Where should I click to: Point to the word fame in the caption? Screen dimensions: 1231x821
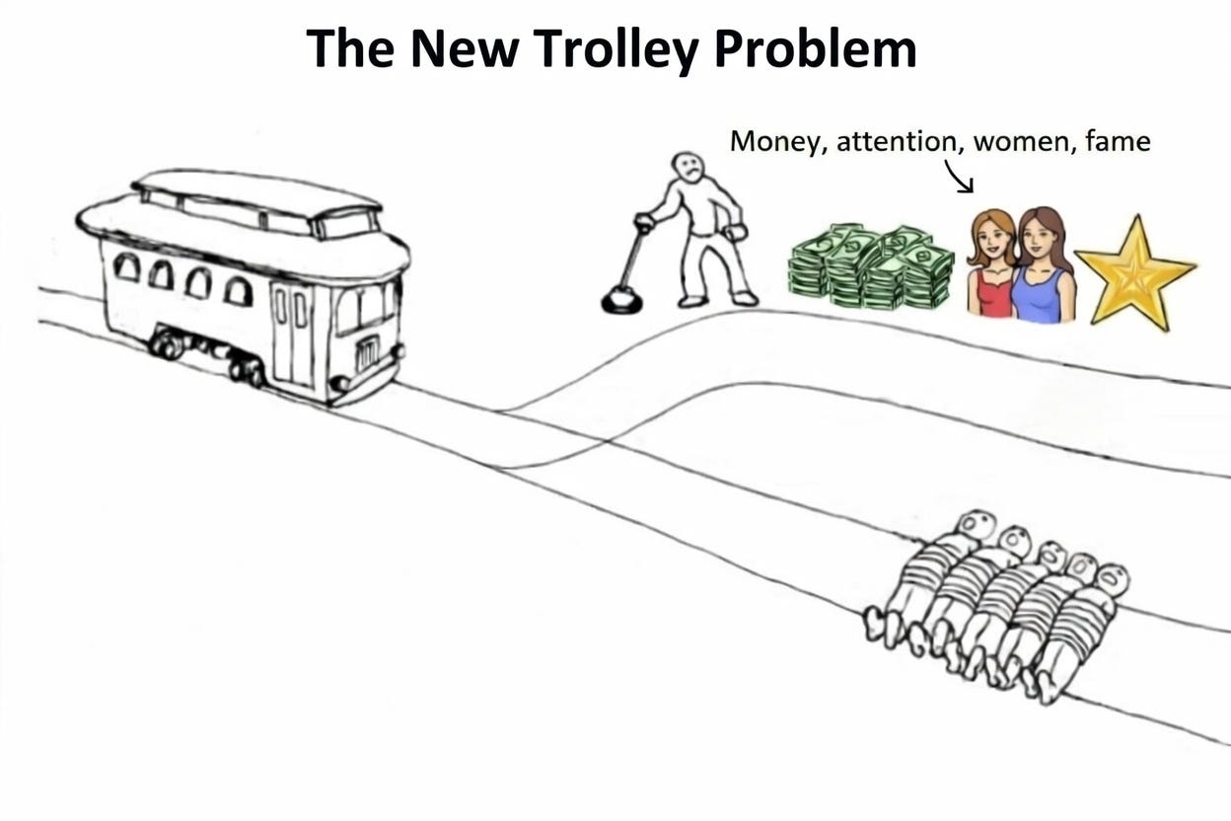[1117, 141]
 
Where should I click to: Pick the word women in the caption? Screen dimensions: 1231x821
[1020, 142]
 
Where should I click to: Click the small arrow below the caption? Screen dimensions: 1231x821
[959, 178]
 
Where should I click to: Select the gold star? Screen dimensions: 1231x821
[1134, 272]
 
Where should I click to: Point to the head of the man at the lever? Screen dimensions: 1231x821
[687, 169]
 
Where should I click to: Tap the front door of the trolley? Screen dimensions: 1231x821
[293, 333]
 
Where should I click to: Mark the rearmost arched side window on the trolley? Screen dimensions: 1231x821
[126, 265]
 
